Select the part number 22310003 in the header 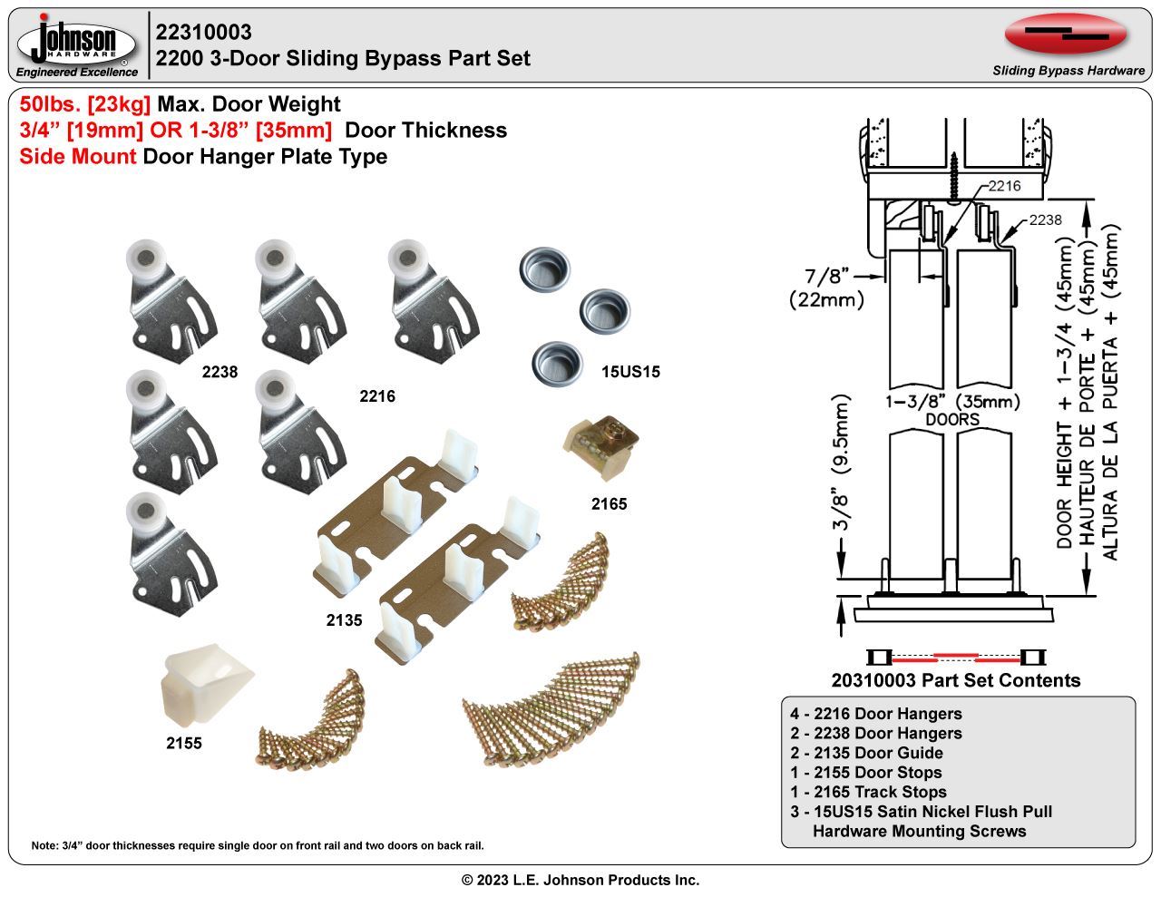click(x=204, y=33)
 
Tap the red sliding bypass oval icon click(x=1066, y=34)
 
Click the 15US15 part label click(x=630, y=372)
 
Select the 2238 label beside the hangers click(x=220, y=372)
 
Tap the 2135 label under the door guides click(x=344, y=620)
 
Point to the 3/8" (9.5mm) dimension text click(x=842, y=463)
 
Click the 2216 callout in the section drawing click(x=1004, y=186)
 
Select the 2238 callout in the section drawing click(x=1045, y=219)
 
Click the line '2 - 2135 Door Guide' click(x=866, y=753)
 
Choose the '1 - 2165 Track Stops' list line click(x=868, y=792)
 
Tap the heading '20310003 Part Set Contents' click(x=956, y=680)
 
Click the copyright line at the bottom click(x=580, y=880)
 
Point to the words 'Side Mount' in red click(x=78, y=156)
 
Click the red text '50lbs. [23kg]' click(x=85, y=104)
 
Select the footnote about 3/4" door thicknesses click(x=258, y=845)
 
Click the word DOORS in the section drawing click(x=952, y=419)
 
